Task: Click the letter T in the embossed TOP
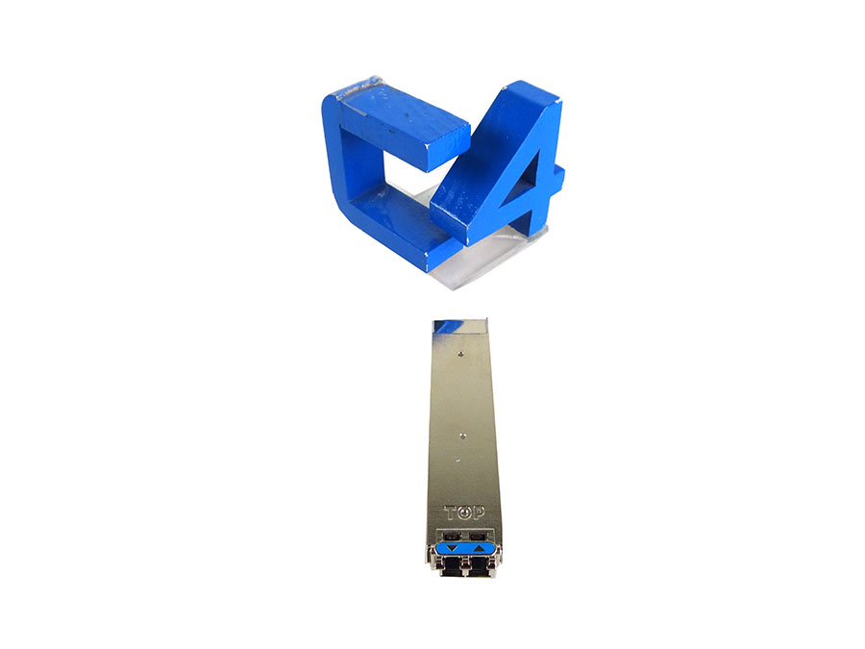click(452, 513)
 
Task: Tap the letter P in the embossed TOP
click(479, 513)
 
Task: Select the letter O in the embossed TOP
click(465, 513)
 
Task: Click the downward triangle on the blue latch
click(453, 548)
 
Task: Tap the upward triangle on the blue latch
click(479, 548)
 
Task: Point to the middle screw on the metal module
click(462, 436)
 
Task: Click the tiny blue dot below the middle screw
click(457, 460)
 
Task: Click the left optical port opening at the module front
click(452, 565)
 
